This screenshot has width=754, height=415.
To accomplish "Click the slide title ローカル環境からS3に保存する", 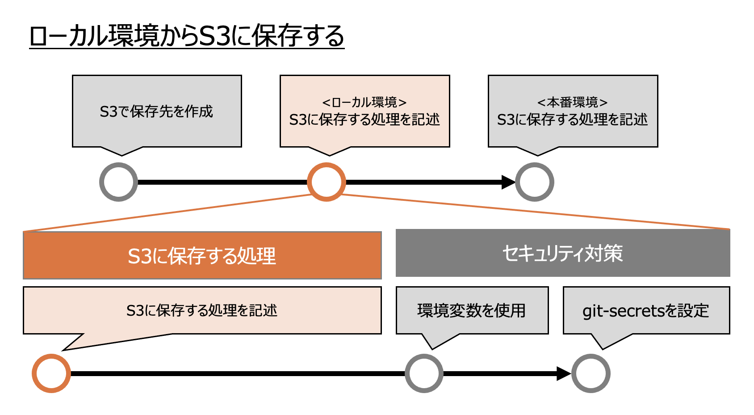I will (x=187, y=36).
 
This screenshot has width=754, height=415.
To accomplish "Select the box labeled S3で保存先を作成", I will (x=157, y=111).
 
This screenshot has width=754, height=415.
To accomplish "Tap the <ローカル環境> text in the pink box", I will (x=364, y=102).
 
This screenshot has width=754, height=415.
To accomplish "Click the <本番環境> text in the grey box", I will (x=572, y=102).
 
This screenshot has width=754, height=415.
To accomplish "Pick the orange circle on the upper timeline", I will (x=327, y=182).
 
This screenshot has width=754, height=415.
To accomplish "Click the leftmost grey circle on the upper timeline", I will (x=118, y=182).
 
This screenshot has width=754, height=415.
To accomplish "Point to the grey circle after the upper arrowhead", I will (x=535, y=182).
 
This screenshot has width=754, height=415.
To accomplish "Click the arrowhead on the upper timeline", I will (x=508, y=182).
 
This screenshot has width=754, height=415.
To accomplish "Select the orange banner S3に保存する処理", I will (x=202, y=255).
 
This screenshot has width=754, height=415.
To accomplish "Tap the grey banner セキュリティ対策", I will (x=563, y=253).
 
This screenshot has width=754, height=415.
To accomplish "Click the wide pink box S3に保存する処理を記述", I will (x=202, y=310).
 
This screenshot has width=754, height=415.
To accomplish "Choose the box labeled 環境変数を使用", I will (x=472, y=310).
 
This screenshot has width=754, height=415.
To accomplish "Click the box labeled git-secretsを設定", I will (x=646, y=310).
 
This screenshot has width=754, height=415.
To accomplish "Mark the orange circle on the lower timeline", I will (x=51, y=373).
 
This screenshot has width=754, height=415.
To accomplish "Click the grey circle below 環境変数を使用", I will (x=424, y=373).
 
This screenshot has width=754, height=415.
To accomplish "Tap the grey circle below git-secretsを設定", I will (x=591, y=373).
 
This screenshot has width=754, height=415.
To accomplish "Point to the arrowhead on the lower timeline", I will (x=563, y=373).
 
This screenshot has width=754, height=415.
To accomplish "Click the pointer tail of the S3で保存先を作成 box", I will (x=121, y=151).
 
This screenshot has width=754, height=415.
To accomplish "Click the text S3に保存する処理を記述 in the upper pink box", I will (x=364, y=119).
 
